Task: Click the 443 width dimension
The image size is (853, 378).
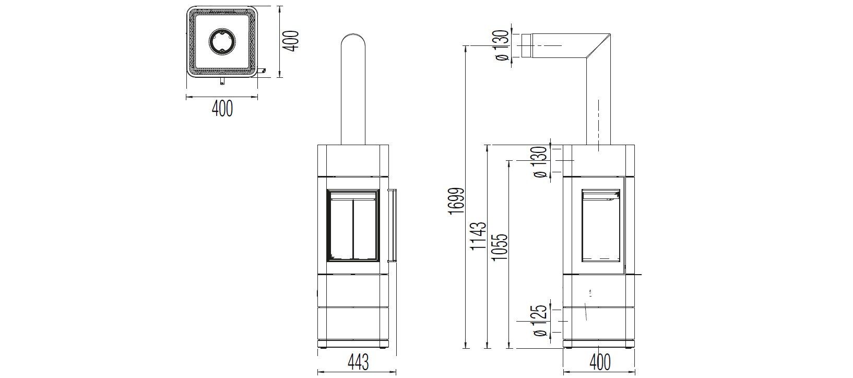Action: [x=358, y=361]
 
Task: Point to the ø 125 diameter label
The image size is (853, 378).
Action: [x=541, y=320]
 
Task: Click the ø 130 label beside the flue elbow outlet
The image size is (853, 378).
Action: [x=501, y=45]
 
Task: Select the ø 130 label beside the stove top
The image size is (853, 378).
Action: [x=541, y=161]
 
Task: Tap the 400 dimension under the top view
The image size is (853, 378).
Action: [x=222, y=108]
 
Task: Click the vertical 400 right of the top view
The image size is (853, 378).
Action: [x=293, y=41]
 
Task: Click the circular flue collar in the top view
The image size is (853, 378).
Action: [x=222, y=41]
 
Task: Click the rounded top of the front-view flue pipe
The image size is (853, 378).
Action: [x=353, y=42]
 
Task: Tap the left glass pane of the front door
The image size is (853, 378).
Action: [x=340, y=227]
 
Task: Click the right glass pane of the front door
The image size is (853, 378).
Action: [x=366, y=227]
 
